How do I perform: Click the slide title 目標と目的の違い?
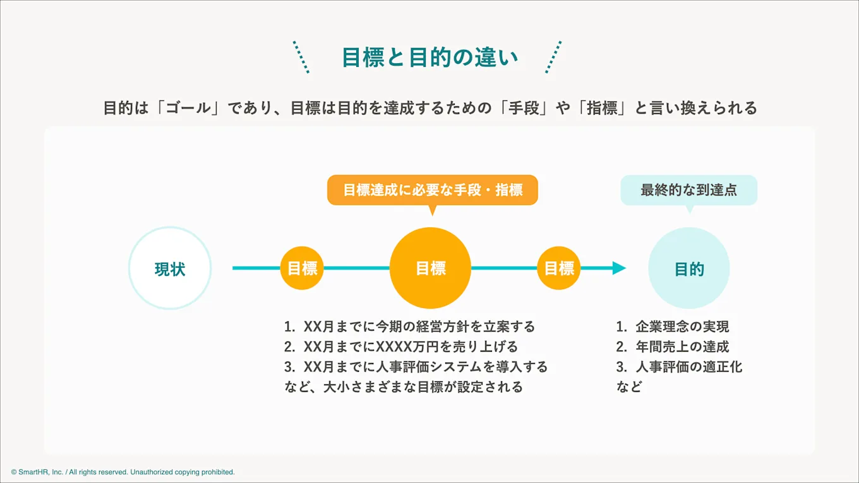coord(429,57)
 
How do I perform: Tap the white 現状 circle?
coord(170,268)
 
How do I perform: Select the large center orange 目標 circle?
coord(430,268)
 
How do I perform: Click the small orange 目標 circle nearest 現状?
coord(302,268)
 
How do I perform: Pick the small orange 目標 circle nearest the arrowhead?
coord(559,268)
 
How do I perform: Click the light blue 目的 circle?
coord(688,268)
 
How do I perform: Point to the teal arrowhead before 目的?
coord(618,268)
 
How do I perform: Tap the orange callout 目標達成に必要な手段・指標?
coord(433,190)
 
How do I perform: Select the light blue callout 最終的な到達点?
coord(688,190)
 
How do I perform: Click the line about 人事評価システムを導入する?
coord(416,367)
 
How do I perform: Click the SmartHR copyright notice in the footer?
coord(123,472)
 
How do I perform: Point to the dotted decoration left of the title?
coord(301,57)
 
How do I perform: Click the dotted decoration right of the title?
coord(553,57)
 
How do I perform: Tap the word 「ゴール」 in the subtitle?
coord(188,109)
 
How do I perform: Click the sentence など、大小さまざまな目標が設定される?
coord(404,387)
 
